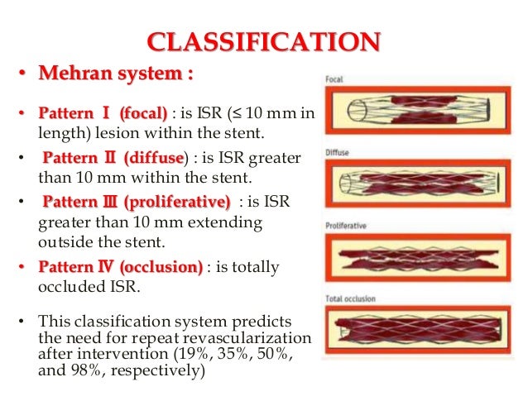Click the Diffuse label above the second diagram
tap(336, 153)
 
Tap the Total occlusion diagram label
tap(350, 298)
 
